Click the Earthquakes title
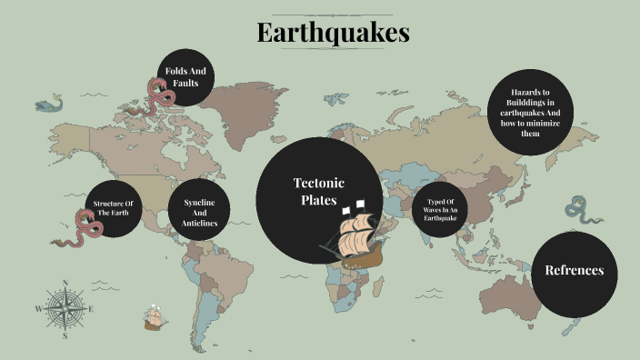333,33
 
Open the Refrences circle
574,271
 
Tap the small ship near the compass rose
154,318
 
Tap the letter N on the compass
65,283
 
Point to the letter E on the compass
91,309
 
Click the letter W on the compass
38,309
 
